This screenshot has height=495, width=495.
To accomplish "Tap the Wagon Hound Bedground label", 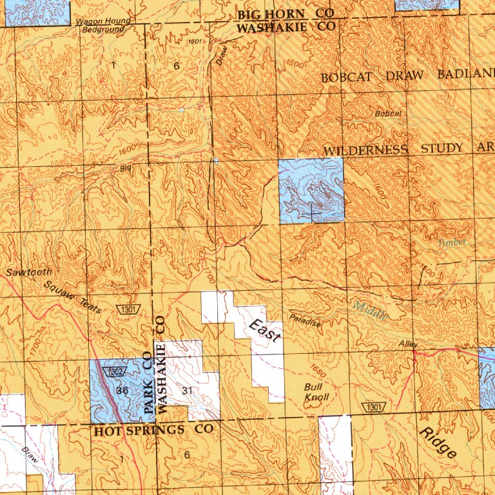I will tap(103, 25).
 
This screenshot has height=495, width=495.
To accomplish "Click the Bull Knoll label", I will tap(316, 392).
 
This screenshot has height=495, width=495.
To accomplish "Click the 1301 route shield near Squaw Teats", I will tap(128, 311).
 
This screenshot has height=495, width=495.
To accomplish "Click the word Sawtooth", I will tap(29, 273).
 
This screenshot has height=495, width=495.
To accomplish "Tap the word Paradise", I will tap(305, 320).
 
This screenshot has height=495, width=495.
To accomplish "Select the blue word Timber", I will tap(452, 243).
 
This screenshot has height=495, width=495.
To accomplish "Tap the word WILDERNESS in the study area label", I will tap(365, 150).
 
